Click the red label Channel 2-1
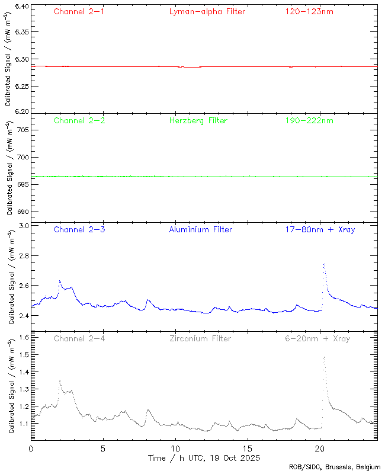click(79, 12)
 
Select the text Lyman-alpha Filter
click(207, 12)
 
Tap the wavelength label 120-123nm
click(309, 12)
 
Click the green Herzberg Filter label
click(198, 121)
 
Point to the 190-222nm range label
click(309, 121)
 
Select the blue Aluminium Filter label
click(200, 230)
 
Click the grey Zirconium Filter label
click(200, 339)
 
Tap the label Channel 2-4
click(79, 339)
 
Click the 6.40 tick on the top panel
click(21, 7)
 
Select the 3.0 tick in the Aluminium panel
click(24, 226)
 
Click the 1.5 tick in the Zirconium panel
click(24, 354)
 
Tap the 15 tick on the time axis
click(248, 449)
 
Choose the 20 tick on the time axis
click(320, 449)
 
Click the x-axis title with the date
click(204, 459)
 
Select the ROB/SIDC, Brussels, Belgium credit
click(335, 467)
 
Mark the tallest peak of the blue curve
click(324, 264)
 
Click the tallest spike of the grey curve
click(325, 357)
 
